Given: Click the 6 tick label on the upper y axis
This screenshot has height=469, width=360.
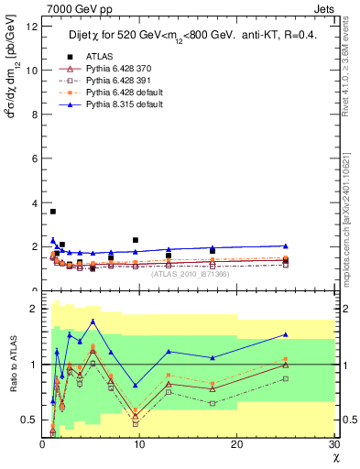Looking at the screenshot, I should pyautogui.click(x=34, y=158).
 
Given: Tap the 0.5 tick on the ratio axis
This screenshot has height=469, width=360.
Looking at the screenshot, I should pyautogui.click(x=30, y=420).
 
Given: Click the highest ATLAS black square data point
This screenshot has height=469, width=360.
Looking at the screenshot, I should pyautogui.click(x=53, y=212).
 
